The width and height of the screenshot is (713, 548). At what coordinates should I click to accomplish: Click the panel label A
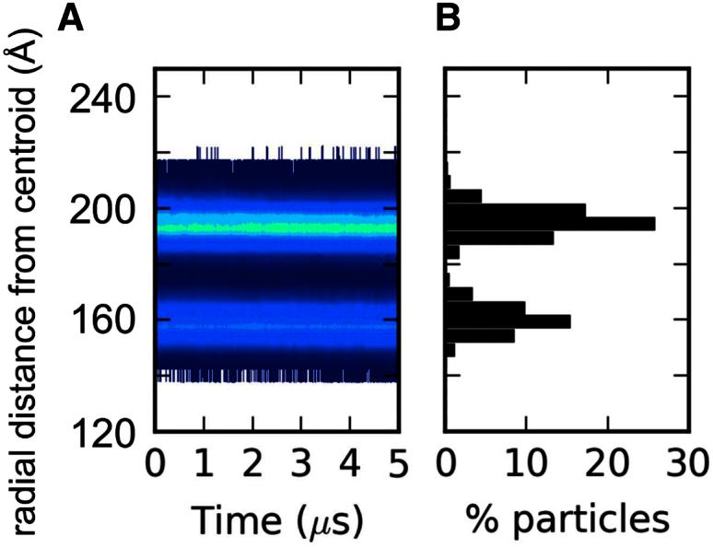[71, 17]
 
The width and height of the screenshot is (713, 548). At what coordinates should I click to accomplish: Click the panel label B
[448, 17]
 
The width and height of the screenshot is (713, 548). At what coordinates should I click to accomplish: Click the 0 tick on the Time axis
[156, 460]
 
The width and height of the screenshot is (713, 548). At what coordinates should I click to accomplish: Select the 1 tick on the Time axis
[205, 460]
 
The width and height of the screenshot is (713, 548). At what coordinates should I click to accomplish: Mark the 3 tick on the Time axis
[300, 460]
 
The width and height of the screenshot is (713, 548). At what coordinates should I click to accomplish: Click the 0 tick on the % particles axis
[447, 460]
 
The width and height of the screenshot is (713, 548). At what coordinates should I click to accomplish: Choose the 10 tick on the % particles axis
[526, 460]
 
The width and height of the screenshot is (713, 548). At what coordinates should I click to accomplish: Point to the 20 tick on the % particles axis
[606, 460]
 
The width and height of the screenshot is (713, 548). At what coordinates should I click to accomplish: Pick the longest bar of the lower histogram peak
[508, 321]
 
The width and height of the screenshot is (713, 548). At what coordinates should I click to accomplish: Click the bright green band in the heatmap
[276, 224]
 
